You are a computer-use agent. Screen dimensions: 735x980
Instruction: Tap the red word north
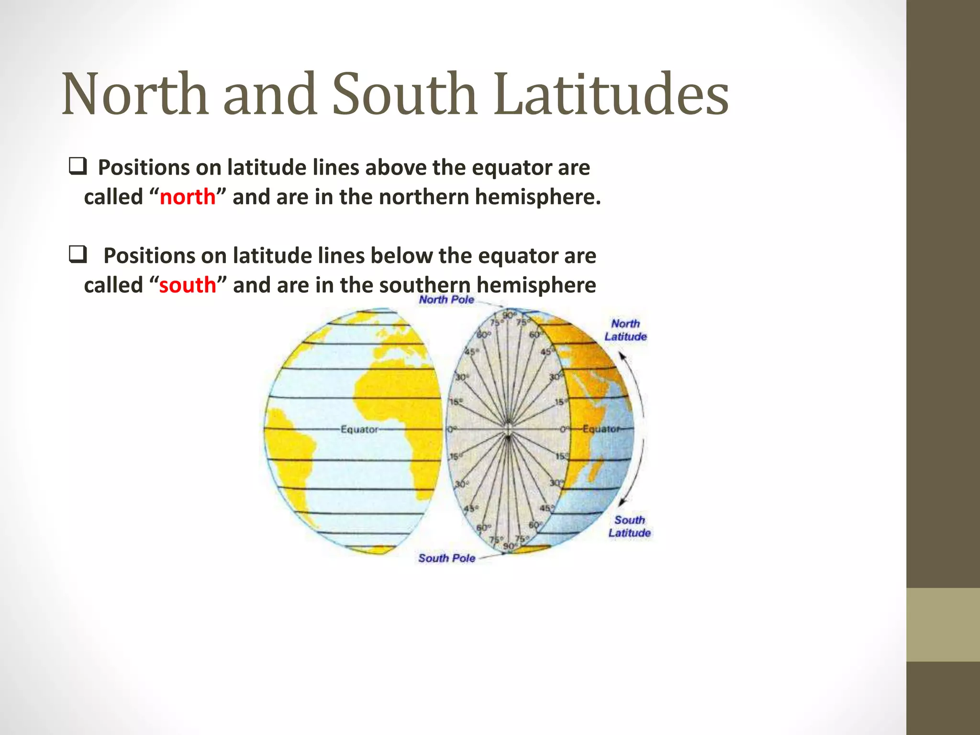pyautogui.click(x=188, y=197)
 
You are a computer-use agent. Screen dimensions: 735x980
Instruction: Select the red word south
pyautogui.click(x=188, y=285)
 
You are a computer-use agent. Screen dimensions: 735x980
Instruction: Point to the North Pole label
pyautogui.click(x=446, y=300)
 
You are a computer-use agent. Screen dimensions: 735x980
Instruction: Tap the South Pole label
pyautogui.click(x=446, y=558)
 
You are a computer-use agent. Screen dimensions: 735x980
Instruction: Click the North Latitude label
pyautogui.click(x=625, y=330)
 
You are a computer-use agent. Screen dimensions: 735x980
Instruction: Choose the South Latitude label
pyautogui.click(x=629, y=526)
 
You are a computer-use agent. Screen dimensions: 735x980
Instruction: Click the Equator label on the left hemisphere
pyautogui.click(x=359, y=430)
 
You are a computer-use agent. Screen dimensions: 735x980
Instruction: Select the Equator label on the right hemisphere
pyautogui.click(x=601, y=429)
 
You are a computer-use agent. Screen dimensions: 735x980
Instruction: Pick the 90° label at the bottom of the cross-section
pyautogui.click(x=509, y=546)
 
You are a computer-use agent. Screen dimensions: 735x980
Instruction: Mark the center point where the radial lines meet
pyautogui.click(x=508, y=429)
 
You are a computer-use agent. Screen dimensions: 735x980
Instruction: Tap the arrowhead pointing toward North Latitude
pyautogui.click(x=622, y=356)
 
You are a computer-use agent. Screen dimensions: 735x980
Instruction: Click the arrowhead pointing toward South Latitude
pyautogui.click(x=622, y=502)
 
